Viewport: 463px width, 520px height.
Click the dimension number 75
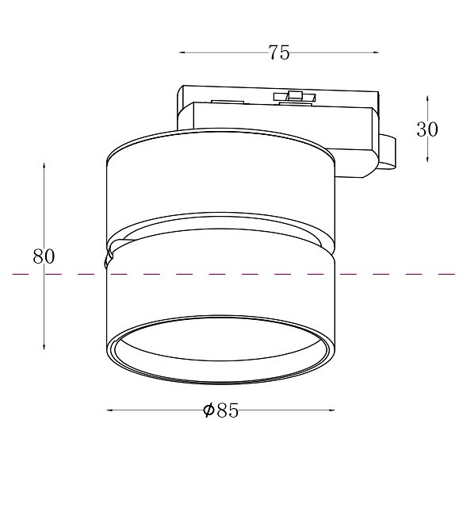(x=278, y=53)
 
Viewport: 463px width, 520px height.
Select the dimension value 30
(x=427, y=129)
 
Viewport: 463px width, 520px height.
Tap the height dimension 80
(x=44, y=256)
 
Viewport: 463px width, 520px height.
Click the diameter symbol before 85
(x=208, y=410)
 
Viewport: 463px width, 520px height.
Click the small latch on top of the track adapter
(x=295, y=98)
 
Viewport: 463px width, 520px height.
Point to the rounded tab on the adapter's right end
(x=388, y=152)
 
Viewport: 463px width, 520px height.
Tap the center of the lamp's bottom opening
(x=220, y=352)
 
